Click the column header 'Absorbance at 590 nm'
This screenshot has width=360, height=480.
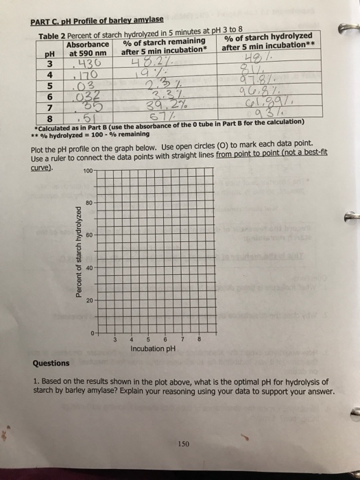88,48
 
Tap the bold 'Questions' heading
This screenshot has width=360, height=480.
51,363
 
